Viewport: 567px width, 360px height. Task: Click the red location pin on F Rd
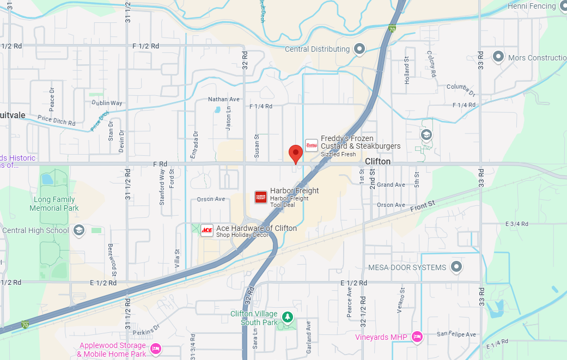pyautogui.click(x=295, y=153)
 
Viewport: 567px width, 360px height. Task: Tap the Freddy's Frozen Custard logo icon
pyautogui.click(x=311, y=145)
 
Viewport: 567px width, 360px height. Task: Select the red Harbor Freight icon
pyautogui.click(x=261, y=197)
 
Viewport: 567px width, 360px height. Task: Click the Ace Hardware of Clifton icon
pyautogui.click(x=207, y=230)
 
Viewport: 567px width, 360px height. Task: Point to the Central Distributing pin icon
pyautogui.click(x=359, y=50)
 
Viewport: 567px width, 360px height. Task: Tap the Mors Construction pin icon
pyautogui.click(x=498, y=57)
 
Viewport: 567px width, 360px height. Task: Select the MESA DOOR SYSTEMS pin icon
pyautogui.click(x=456, y=267)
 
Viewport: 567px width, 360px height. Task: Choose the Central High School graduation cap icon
pyautogui.click(x=78, y=230)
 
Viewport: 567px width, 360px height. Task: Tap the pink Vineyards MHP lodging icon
pyautogui.click(x=417, y=337)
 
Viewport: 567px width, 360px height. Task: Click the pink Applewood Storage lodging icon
pyautogui.click(x=155, y=348)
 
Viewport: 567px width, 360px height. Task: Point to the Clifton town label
pyautogui.click(x=377, y=162)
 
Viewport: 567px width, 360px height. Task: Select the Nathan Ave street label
pyautogui.click(x=224, y=100)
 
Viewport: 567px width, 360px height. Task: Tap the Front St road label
pyautogui.click(x=423, y=205)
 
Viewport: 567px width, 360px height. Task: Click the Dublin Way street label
pyautogui.click(x=107, y=103)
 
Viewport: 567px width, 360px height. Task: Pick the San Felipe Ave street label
pyautogui.click(x=456, y=334)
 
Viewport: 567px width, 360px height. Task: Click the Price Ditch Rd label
pyautogui.click(x=57, y=120)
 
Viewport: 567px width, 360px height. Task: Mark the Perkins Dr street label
pyautogui.click(x=148, y=328)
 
